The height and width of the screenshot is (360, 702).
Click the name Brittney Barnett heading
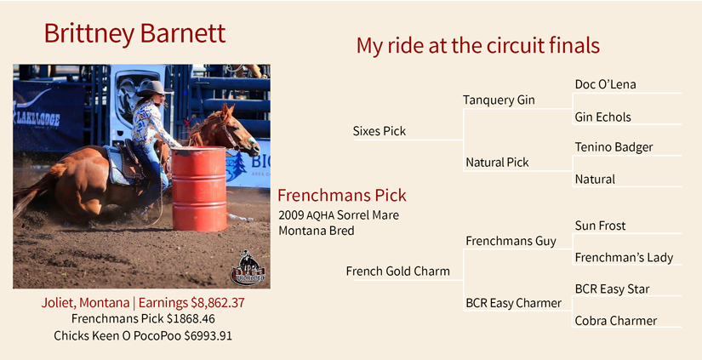(x=134, y=33)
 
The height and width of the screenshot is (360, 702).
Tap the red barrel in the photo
(x=199, y=188)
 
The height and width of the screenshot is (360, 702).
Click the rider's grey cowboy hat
(x=153, y=89)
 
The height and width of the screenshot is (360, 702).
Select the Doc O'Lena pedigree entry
(x=605, y=84)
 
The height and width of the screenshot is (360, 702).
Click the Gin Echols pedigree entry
(x=602, y=117)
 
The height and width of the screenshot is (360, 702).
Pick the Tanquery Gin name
(x=499, y=100)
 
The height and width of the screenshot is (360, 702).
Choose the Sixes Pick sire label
(x=380, y=131)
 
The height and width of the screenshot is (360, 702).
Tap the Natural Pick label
(x=497, y=163)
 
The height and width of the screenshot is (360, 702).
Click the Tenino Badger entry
(x=614, y=147)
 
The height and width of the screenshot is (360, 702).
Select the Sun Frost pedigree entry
(x=600, y=226)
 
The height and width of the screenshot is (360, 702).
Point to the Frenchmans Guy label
(x=511, y=242)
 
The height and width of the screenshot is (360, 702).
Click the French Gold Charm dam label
(x=398, y=271)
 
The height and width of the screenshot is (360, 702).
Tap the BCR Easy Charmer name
(x=513, y=303)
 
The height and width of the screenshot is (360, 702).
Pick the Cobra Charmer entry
(x=615, y=321)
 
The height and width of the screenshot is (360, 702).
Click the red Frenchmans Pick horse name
(x=341, y=195)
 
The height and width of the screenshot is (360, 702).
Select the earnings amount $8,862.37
(x=218, y=303)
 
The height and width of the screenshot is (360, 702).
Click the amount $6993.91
(x=208, y=335)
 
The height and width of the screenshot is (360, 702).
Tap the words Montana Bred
(x=316, y=231)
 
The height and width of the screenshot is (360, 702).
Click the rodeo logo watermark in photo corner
(x=248, y=268)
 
